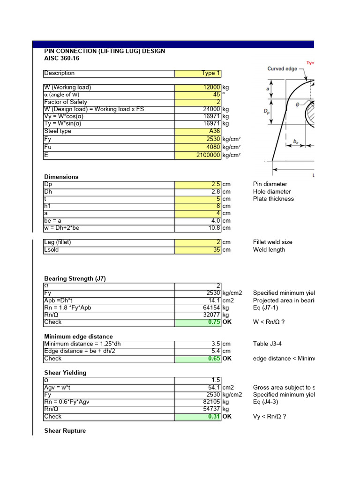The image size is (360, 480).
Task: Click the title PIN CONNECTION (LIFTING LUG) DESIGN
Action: coord(104,51)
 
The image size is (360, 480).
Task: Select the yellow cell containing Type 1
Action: coord(208,73)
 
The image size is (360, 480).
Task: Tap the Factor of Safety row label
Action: coord(66,102)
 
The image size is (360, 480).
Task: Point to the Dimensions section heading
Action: coord(61,177)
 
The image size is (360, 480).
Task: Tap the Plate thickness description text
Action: coord(273,199)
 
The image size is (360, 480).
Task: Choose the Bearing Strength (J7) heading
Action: coord(75,278)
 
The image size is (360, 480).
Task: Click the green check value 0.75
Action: coord(214,322)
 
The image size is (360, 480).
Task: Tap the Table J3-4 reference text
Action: coord(267,344)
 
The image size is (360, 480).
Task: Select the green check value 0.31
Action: coord(214,417)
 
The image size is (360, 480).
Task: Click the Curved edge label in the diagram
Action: coord(282,69)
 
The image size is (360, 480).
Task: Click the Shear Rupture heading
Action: coord(65,431)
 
